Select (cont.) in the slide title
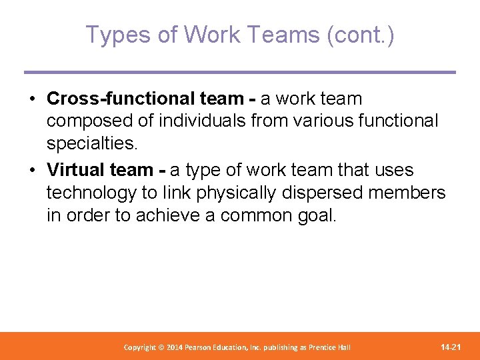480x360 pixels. click(361, 35)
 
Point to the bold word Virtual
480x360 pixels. click(77, 170)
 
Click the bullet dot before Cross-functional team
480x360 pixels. click(32, 99)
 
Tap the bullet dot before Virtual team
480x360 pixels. click(32, 171)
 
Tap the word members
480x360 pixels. click(409, 193)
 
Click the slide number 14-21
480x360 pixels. click(451, 347)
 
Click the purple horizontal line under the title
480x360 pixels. click(240, 72)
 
